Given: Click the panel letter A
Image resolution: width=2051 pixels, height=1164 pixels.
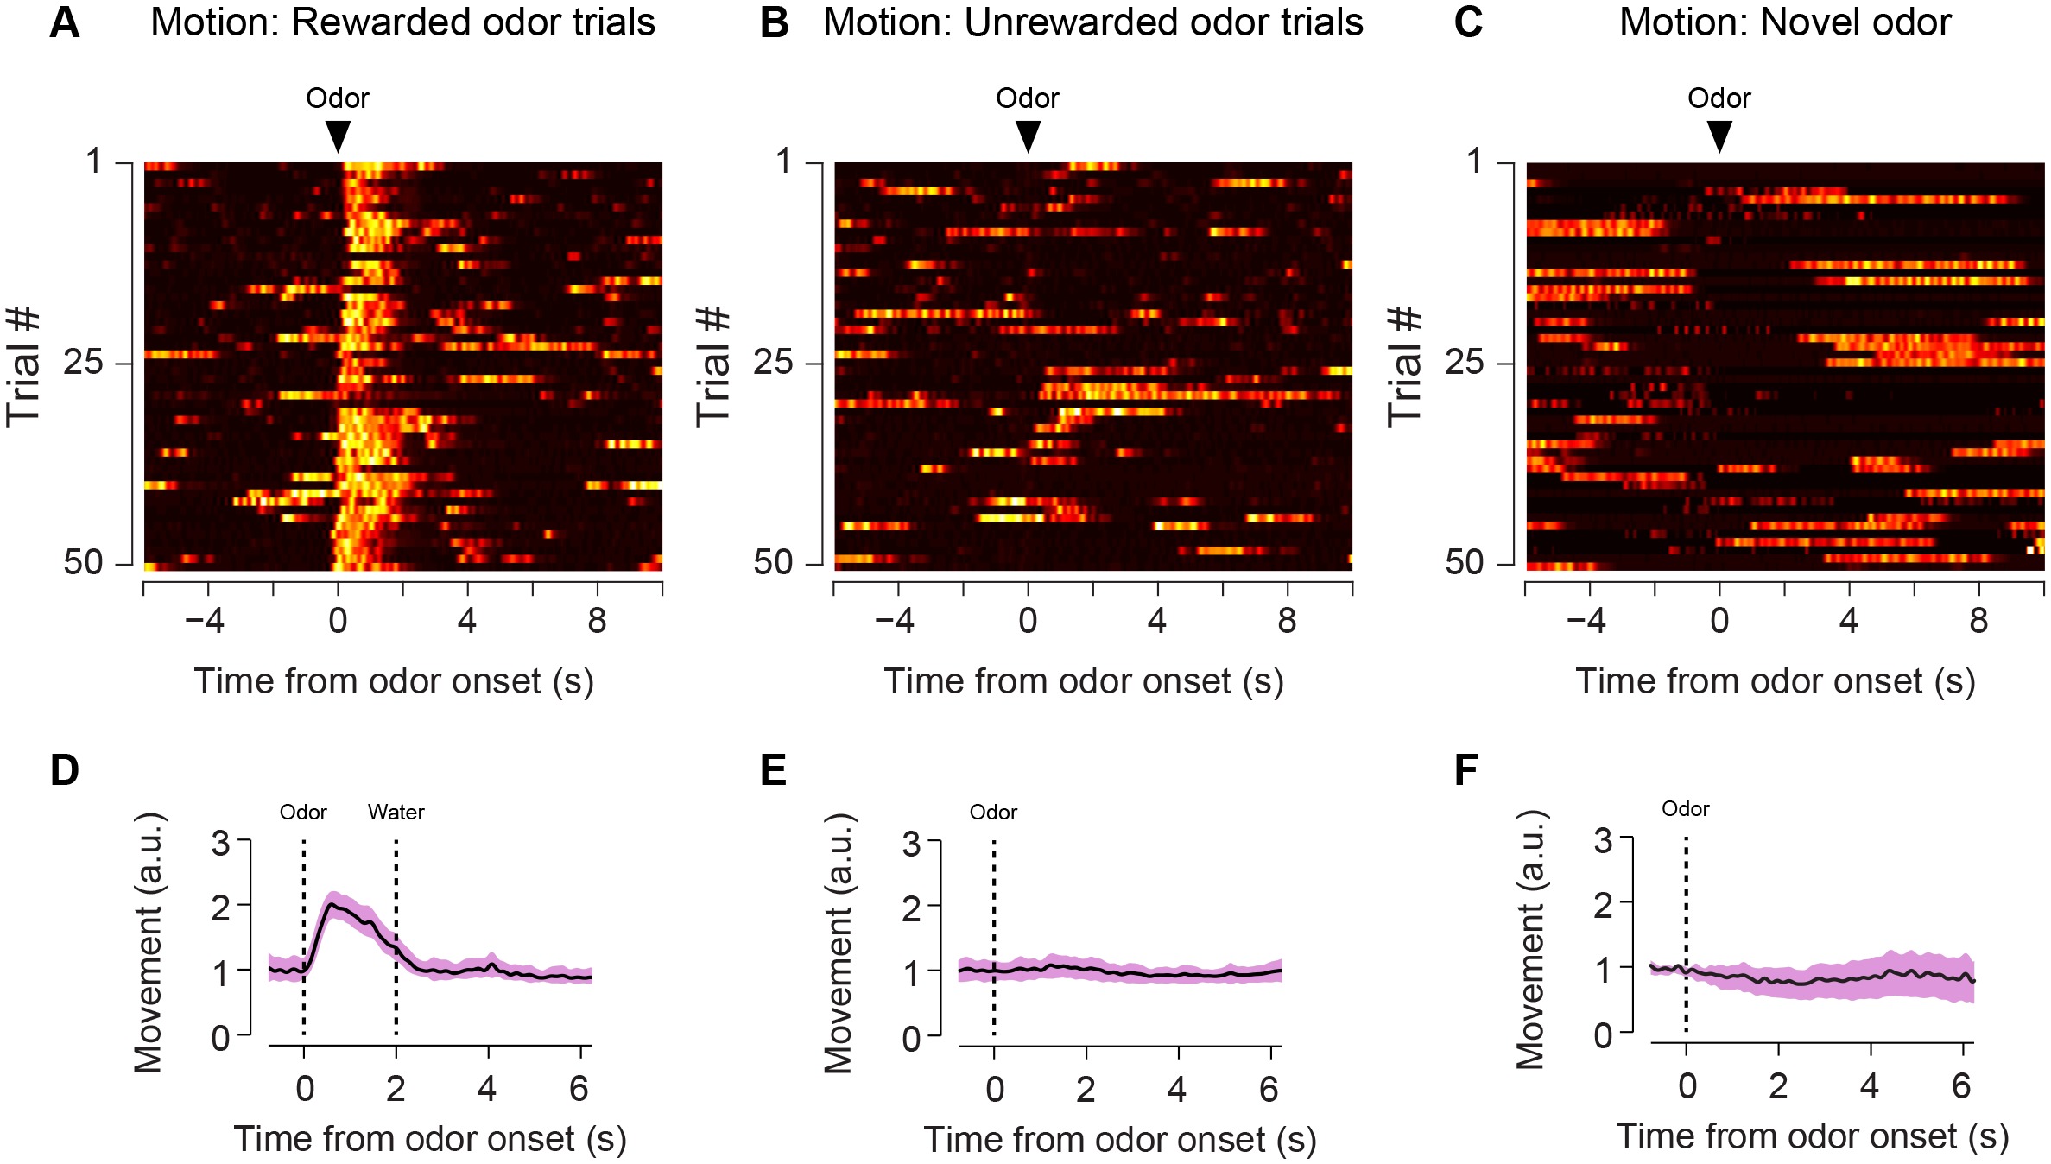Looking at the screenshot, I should tap(65, 23).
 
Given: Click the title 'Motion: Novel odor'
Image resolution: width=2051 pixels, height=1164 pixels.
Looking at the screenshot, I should tap(1784, 23).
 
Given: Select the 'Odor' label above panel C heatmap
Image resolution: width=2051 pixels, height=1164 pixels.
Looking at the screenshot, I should tap(1719, 98).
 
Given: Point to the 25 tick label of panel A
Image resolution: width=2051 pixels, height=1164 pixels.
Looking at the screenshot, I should tap(84, 362).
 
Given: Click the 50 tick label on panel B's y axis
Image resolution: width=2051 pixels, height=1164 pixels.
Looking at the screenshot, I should tap(773, 562).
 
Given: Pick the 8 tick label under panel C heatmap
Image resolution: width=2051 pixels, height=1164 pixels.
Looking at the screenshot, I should tap(1978, 621).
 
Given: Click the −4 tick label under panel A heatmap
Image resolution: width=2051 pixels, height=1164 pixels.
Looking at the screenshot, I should tap(205, 621).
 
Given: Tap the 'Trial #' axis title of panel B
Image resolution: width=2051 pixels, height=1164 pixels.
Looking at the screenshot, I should tap(713, 366).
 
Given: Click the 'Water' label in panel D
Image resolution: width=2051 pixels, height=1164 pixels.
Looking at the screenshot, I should tap(396, 813).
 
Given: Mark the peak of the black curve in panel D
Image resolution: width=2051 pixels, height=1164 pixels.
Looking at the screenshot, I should tap(331, 904).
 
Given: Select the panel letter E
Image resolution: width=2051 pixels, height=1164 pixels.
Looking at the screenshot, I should tap(773, 770).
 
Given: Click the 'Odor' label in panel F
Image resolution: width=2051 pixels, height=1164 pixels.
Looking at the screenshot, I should tap(1685, 809).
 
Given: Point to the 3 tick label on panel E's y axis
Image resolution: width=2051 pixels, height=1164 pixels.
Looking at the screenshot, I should tap(911, 843).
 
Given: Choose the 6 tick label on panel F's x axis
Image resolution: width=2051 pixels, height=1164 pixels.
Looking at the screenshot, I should tap(1961, 1086).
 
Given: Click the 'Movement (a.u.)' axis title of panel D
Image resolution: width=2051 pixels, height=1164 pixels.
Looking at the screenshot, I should tap(149, 942).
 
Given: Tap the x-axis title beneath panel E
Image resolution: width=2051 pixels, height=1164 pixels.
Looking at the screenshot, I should tap(1120, 1140).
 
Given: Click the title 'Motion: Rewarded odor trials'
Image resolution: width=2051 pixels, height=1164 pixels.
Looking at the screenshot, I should tap(402, 23).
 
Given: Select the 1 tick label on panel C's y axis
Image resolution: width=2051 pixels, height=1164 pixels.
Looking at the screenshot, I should tap(1475, 161).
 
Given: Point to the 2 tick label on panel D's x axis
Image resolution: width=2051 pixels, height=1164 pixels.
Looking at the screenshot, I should tap(396, 1090).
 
